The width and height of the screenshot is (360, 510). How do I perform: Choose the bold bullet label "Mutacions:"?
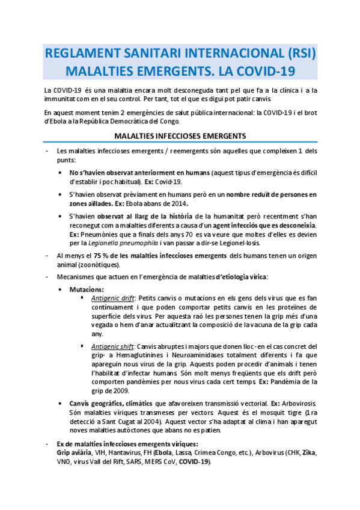pos(87,289)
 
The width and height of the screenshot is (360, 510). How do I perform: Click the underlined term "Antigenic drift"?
pos(112,298)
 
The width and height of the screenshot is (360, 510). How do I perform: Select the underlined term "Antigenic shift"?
pos(112,346)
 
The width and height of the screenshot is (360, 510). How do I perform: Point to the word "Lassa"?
pos(188,452)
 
